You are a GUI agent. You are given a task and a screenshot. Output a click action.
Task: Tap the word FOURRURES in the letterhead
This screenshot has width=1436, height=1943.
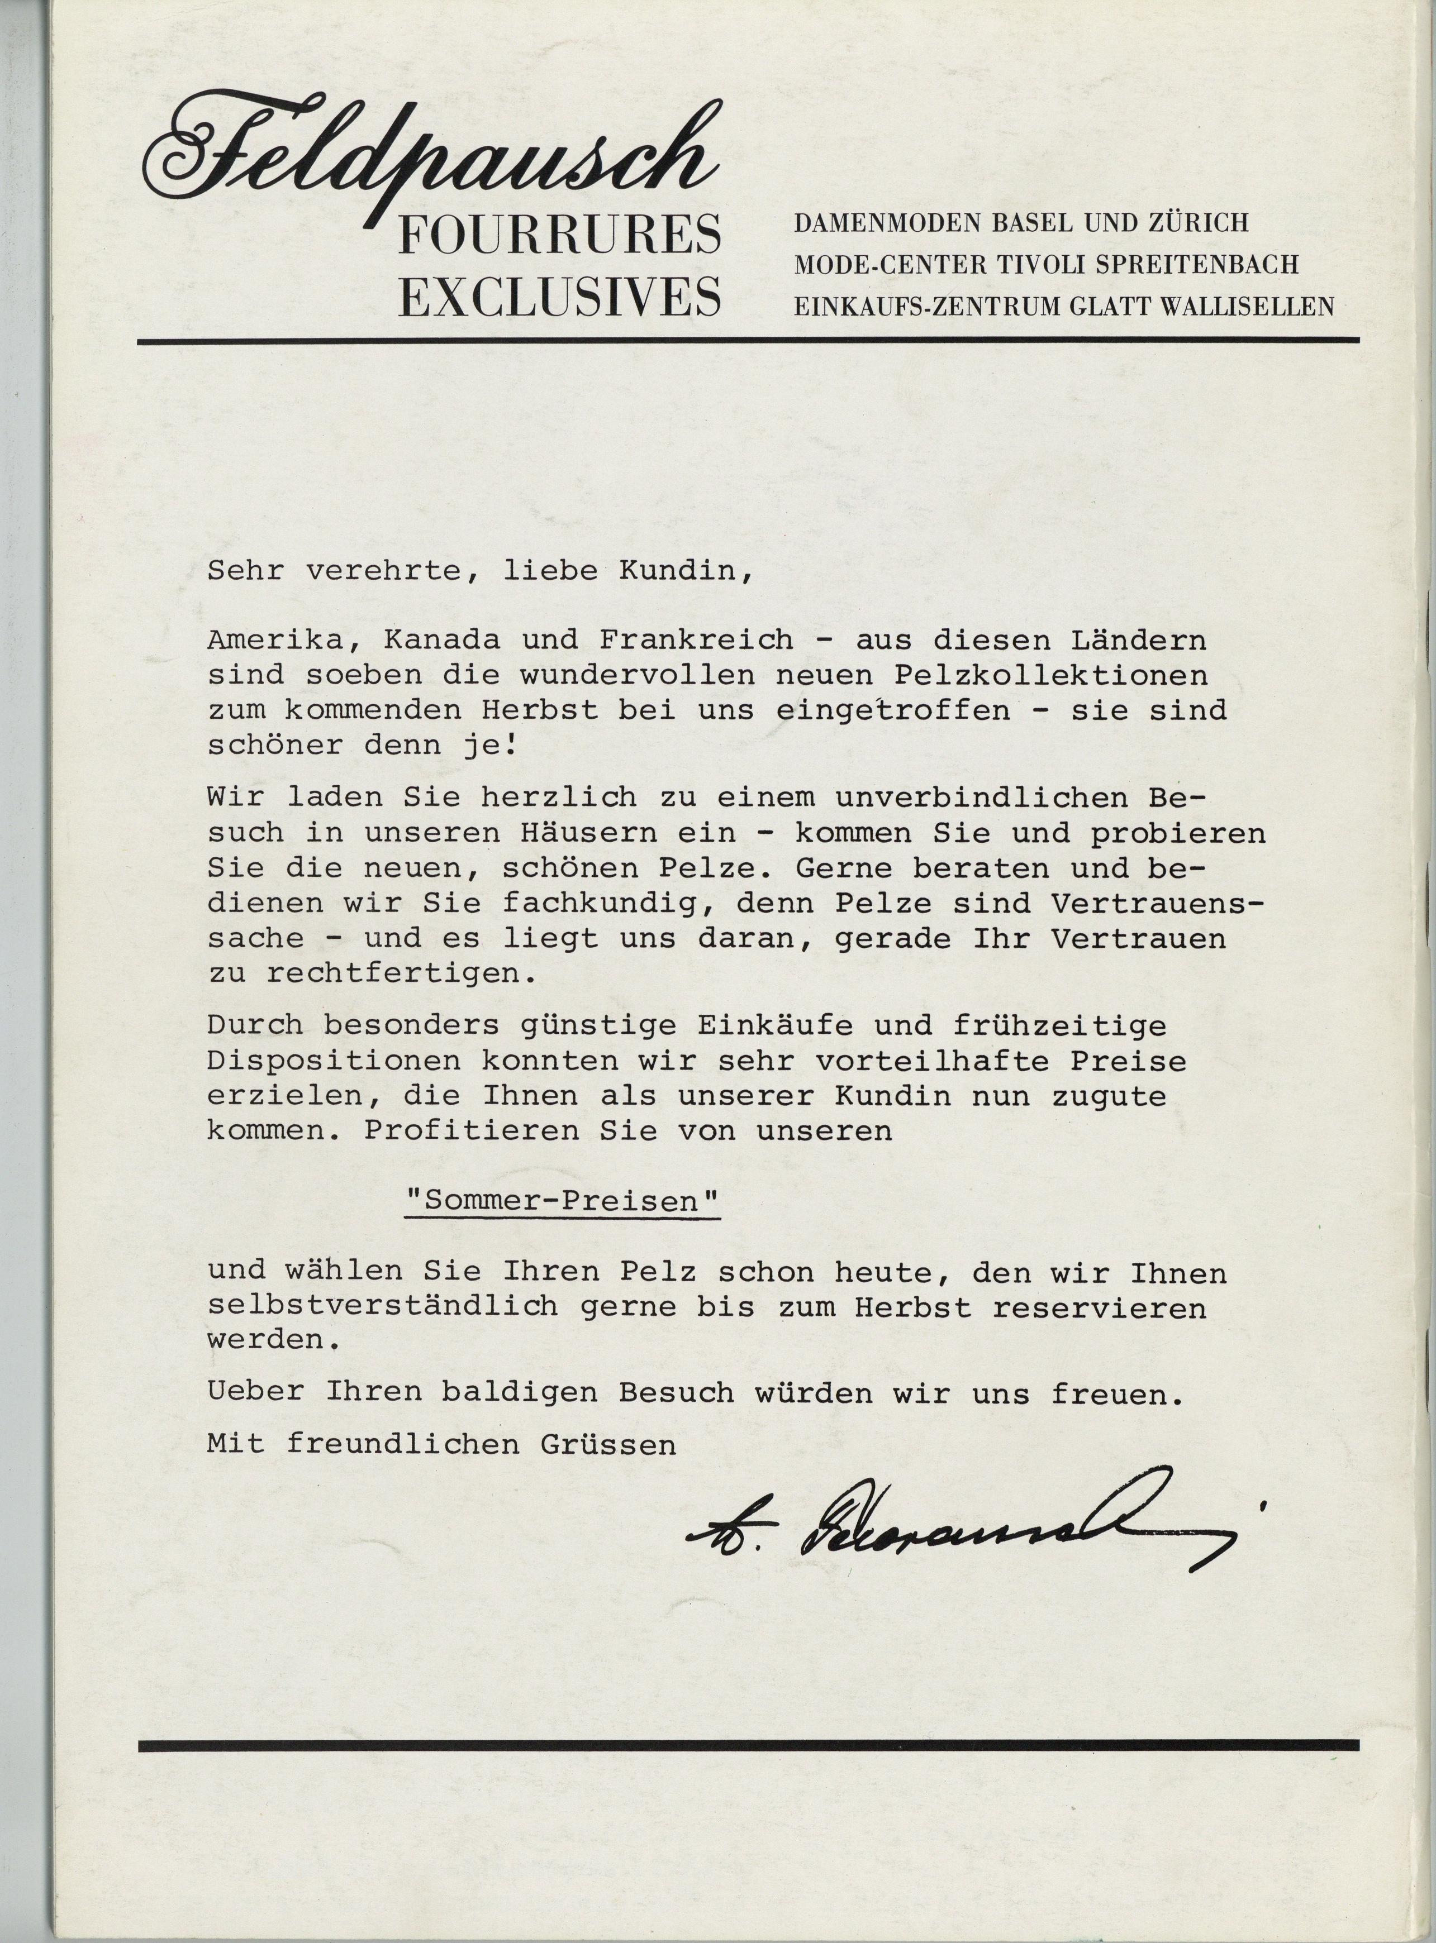[560, 236]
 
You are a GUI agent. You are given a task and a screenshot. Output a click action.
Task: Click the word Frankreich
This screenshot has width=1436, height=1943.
[696, 641]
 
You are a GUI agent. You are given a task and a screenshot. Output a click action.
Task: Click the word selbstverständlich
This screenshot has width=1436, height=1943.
[383, 1307]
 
